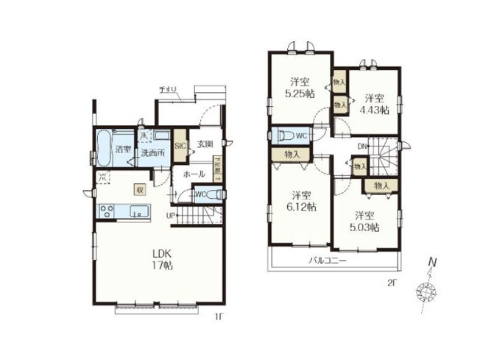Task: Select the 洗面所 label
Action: click(152, 154)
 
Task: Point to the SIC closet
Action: click(180, 145)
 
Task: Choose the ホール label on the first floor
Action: click(194, 174)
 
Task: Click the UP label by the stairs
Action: click(170, 215)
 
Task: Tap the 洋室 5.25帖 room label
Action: click(299, 86)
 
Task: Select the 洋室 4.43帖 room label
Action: click(373, 104)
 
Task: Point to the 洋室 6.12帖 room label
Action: click(299, 202)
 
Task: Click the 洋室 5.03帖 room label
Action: click(364, 222)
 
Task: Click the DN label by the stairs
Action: click(362, 146)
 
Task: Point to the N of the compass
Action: click(434, 261)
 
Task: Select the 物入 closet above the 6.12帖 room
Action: click(292, 155)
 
